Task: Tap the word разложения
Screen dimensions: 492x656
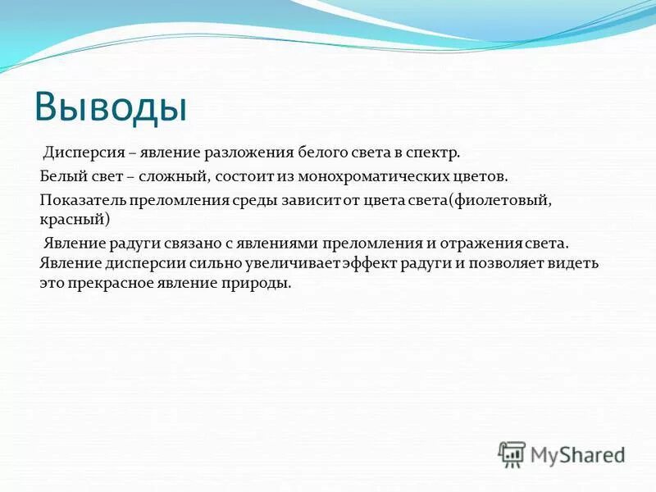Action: coord(255,153)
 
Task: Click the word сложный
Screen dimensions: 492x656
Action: coord(176,176)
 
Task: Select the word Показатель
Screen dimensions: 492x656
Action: coord(81,199)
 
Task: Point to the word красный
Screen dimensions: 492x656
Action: coord(72,220)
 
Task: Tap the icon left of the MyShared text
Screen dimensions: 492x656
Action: coord(512,454)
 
